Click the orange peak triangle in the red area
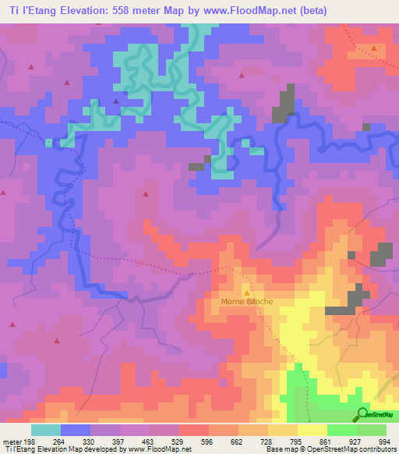pyautogui.click(x=374, y=48)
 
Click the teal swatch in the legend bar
pyautogui.click(x=46, y=430)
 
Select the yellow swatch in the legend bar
pyautogui.click(x=312, y=430)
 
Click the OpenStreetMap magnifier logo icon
pyautogui.click(x=363, y=413)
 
